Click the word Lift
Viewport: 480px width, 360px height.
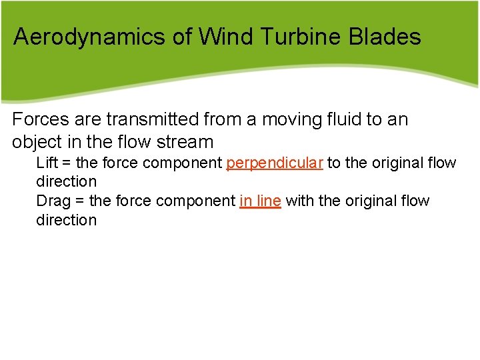click(46, 163)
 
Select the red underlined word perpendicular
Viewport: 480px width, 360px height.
click(275, 163)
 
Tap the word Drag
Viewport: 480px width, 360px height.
click(51, 201)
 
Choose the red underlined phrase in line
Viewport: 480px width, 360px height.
click(260, 201)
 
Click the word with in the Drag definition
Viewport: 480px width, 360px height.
click(300, 201)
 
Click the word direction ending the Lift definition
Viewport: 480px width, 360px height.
click(66, 181)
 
